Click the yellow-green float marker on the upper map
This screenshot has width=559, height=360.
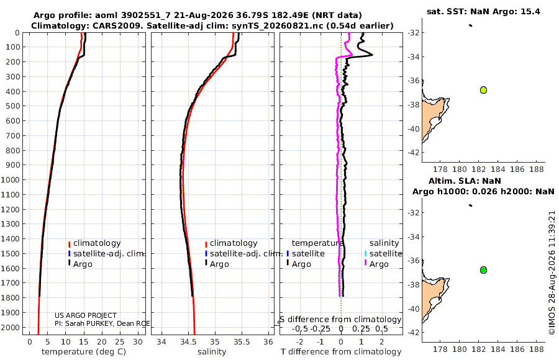click(483, 90)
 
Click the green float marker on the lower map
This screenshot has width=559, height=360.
click(483, 270)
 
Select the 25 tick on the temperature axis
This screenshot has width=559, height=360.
click(120, 342)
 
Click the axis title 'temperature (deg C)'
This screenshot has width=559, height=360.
click(84, 352)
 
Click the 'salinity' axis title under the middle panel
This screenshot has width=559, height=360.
click(212, 352)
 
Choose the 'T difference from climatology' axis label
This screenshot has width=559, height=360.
click(341, 352)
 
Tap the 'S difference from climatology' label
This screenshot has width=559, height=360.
click(340, 320)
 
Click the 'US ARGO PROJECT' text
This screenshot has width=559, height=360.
click(86, 315)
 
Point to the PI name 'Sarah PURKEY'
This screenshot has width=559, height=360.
click(93, 323)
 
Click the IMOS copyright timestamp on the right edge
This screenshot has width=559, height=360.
click(552, 272)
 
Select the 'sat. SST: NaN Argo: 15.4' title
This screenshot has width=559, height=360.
click(483, 11)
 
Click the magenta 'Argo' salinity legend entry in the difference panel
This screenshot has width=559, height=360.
click(375, 264)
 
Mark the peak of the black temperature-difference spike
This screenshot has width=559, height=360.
click(373, 55)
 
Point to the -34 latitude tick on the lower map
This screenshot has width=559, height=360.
click(414, 236)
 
